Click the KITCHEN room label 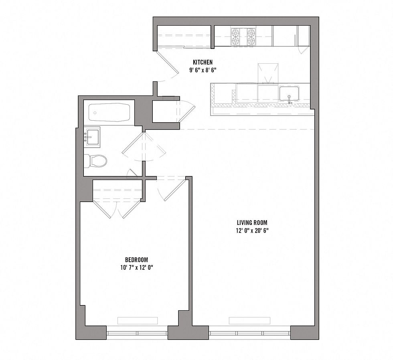pos(203,62)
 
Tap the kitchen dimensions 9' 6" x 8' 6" pos(203,70)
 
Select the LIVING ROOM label pos(252,222)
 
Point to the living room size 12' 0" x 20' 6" pos(252,231)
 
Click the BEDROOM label pos(137,259)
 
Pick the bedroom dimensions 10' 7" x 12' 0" pos(137,268)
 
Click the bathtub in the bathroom pos(109,113)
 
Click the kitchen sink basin pos(290,94)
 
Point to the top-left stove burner pos(236,32)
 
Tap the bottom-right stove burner pos(251,40)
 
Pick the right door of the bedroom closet pos(131,209)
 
